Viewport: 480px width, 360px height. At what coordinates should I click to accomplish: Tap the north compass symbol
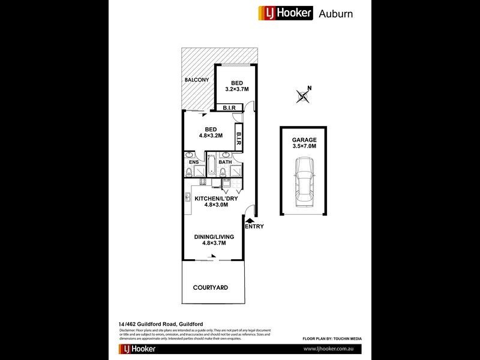(x=304, y=95)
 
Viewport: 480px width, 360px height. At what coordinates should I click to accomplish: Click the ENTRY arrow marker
(x=249, y=221)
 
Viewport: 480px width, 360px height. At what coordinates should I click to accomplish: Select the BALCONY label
(x=197, y=79)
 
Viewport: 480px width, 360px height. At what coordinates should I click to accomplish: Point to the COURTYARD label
(x=210, y=288)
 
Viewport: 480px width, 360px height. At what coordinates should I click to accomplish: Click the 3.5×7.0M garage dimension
(x=304, y=145)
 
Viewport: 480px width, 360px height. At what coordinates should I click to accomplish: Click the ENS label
(x=193, y=162)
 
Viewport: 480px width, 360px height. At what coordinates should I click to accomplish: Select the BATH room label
(x=225, y=162)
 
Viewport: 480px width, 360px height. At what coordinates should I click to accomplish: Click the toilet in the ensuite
(x=190, y=173)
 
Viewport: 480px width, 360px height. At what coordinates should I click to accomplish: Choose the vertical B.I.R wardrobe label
(x=238, y=140)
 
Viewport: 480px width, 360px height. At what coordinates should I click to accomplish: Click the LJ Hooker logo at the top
(x=285, y=13)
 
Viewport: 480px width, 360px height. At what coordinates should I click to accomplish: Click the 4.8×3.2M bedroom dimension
(x=211, y=136)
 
